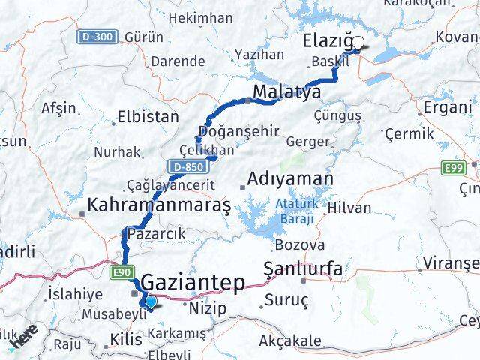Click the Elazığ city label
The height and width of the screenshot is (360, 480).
328,42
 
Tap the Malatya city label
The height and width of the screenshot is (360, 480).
286,92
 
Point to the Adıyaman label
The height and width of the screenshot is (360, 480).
289,179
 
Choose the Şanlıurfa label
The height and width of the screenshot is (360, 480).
304,268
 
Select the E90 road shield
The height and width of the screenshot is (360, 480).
123,270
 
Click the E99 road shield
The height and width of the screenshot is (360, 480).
452,169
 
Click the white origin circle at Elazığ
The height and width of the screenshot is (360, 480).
358,43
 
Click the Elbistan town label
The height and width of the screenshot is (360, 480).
148,117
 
